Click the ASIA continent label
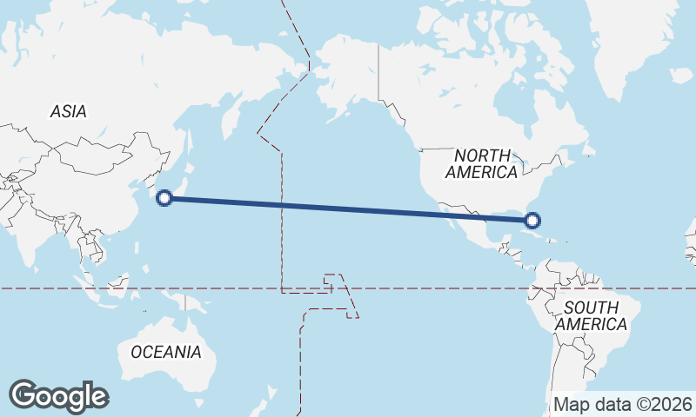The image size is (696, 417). pyautogui.click(x=68, y=111)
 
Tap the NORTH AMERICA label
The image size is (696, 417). pyautogui.click(x=481, y=163)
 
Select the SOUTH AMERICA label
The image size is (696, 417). pyautogui.click(x=592, y=315)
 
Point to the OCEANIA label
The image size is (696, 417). pyautogui.click(x=165, y=352)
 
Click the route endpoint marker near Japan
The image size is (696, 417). pyautogui.click(x=164, y=198)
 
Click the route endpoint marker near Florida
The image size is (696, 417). pyautogui.click(x=533, y=222)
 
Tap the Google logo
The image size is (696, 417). pyautogui.click(x=58, y=395)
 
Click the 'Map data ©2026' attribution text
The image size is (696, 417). pyautogui.click(x=623, y=404)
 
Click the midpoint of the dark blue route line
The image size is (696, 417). pyautogui.click(x=348, y=209)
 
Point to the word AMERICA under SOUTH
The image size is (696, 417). pyautogui.click(x=592, y=324)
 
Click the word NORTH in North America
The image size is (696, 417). pyautogui.click(x=482, y=155)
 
